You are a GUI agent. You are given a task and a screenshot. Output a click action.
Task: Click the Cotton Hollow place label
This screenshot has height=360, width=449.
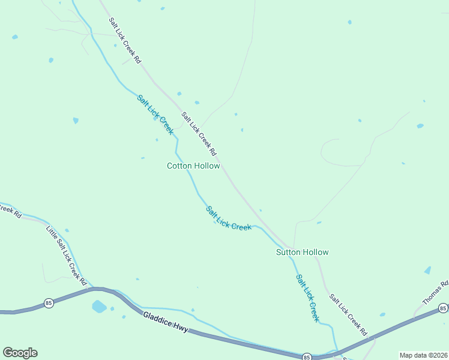(193, 166)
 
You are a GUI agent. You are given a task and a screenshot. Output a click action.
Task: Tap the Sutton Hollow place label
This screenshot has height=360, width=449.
(302, 252)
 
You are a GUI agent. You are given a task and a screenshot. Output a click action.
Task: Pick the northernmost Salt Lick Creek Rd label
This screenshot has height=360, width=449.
(124, 40)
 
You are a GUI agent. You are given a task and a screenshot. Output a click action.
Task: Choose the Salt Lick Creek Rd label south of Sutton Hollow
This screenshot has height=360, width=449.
(348, 314)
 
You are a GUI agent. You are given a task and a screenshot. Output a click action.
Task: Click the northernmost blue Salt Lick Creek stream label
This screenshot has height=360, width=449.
(155, 114)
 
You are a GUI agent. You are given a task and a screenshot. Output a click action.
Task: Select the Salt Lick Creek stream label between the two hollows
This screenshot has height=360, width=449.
(228, 218)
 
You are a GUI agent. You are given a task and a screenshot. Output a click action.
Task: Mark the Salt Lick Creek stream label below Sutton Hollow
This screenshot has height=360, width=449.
(307, 298)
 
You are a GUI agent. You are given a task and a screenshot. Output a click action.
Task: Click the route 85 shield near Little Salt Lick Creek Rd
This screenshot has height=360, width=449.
(49, 303)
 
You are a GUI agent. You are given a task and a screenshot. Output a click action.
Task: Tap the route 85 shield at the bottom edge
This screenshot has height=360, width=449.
(306, 356)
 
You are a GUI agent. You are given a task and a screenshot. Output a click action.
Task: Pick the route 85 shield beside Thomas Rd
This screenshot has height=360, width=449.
(443, 308)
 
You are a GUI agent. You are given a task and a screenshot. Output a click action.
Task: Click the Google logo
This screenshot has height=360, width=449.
(20, 353)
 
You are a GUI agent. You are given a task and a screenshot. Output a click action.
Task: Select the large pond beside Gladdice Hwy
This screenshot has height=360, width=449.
(99, 307)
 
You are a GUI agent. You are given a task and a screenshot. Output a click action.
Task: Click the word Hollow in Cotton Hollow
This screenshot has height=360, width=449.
(207, 166)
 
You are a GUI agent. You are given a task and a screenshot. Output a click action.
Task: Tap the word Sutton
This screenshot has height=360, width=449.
(288, 252)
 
